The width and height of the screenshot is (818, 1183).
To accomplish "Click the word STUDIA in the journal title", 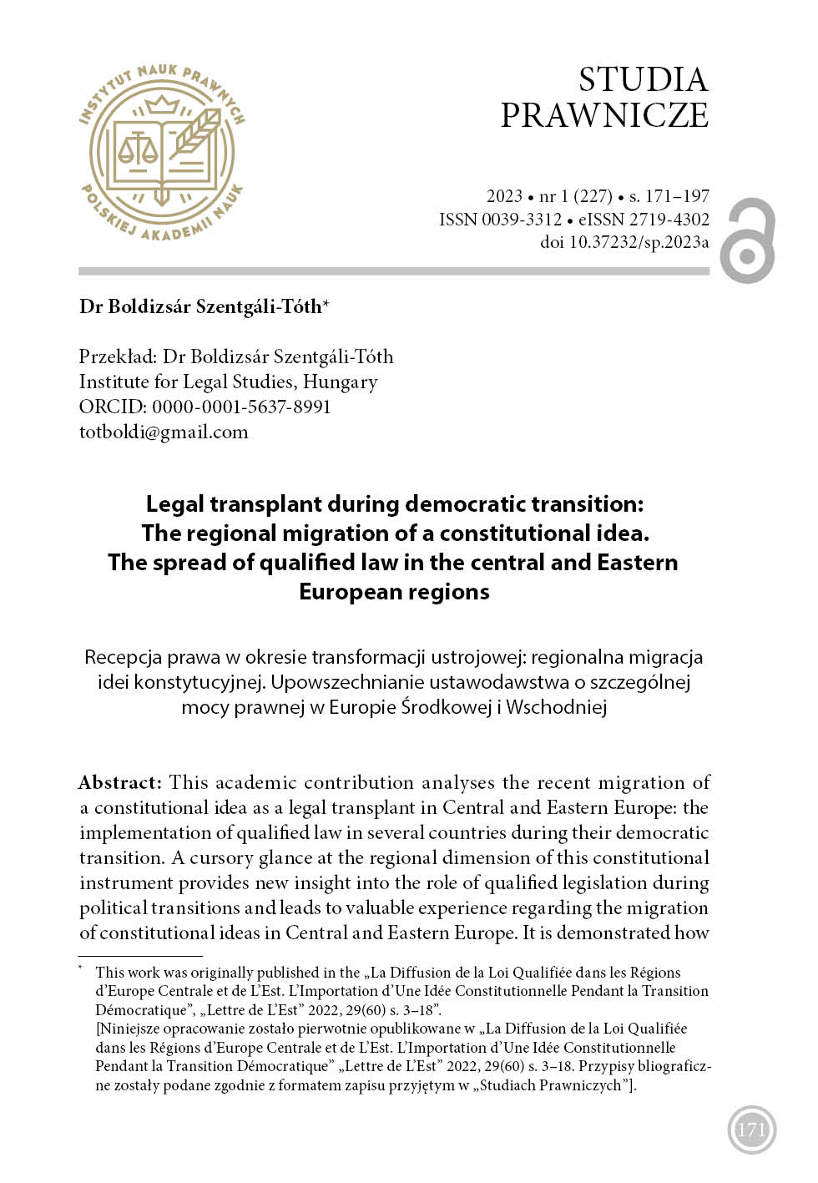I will click(643, 80).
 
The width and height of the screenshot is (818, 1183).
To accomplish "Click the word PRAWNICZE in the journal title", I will click(604, 115).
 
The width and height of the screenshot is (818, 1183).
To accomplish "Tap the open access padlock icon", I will click(748, 240).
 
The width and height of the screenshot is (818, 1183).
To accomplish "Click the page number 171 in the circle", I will click(751, 1130).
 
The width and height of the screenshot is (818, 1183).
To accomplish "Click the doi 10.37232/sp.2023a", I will click(639, 242).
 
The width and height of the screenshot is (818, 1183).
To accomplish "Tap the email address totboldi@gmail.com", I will click(164, 432).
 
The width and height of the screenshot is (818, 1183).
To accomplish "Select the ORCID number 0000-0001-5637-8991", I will click(241, 407).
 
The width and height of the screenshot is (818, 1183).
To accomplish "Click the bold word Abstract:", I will click(119, 782).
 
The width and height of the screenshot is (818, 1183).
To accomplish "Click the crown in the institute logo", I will click(162, 105).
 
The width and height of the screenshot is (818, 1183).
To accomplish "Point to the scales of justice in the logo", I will click(138, 149).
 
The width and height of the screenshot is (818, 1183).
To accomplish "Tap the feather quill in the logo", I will click(195, 134).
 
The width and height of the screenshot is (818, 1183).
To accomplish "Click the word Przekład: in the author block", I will click(117, 357).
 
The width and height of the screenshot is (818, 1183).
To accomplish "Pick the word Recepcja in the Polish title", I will click(123, 657).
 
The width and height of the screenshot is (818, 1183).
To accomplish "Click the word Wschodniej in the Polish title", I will click(556, 707).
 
